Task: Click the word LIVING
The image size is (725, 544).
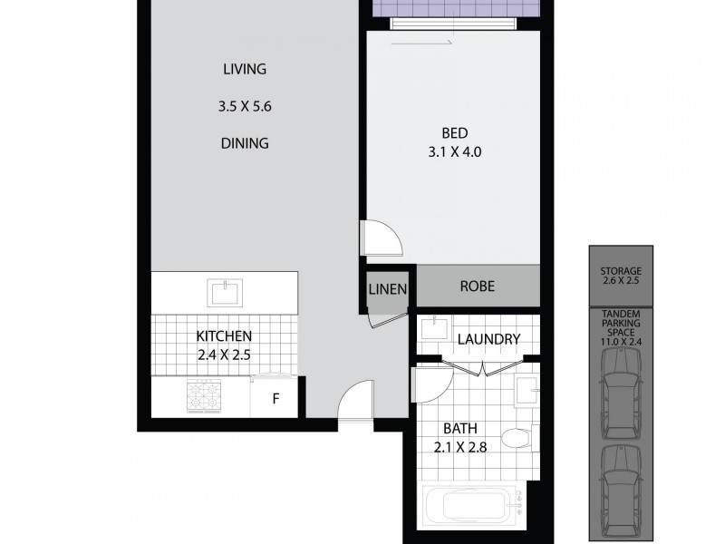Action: pyautogui.click(x=244, y=69)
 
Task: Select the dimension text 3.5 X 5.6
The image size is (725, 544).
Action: pyautogui.click(x=245, y=106)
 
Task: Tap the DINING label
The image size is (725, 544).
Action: pyautogui.click(x=245, y=142)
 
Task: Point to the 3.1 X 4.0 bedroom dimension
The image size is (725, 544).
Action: pyautogui.click(x=455, y=152)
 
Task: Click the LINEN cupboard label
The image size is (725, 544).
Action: pyautogui.click(x=387, y=290)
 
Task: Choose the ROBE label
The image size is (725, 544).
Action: pyautogui.click(x=477, y=286)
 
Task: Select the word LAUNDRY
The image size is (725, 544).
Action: pyautogui.click(x=488, y=340)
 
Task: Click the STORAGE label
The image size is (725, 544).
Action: pyautogui.click(x=622, y=271)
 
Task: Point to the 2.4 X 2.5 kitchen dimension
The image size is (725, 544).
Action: pyautogui.click(x=223, y=355)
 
